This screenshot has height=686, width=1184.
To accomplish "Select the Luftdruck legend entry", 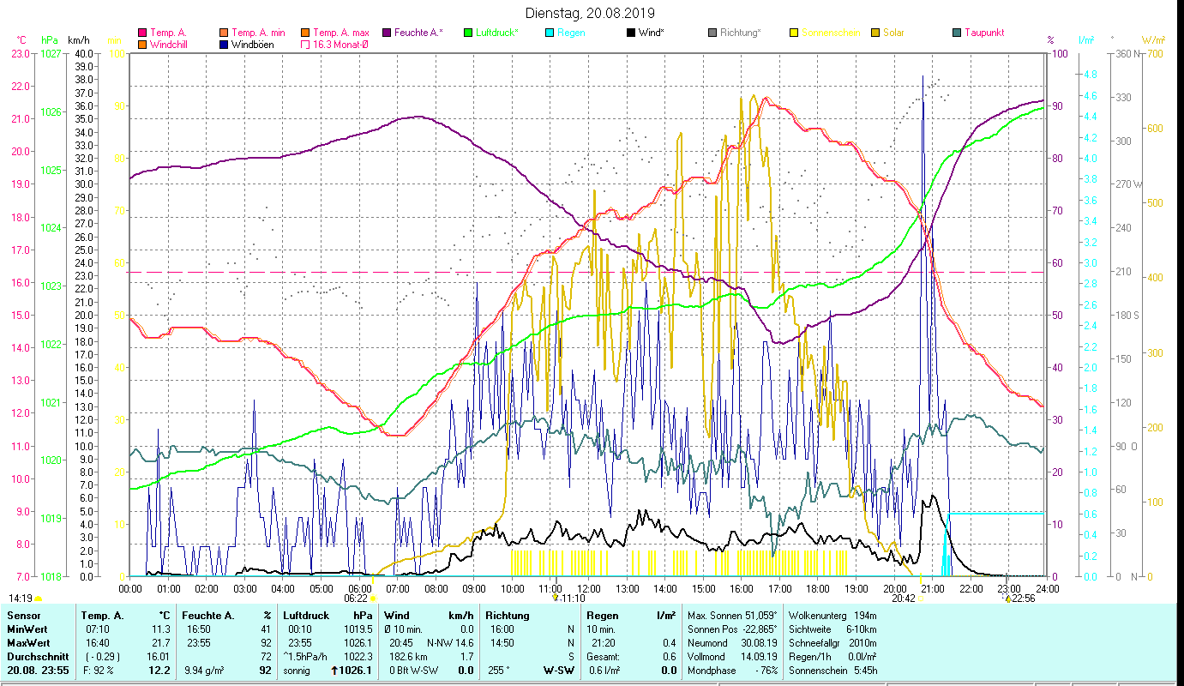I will tap(496, 33).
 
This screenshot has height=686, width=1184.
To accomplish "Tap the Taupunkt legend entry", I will tap(983, 33).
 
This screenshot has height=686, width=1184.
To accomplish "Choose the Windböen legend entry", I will tap(252, 45).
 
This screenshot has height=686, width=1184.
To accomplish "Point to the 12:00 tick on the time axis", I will tap(589, 589).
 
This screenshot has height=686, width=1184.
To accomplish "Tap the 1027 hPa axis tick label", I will tap(51, 54).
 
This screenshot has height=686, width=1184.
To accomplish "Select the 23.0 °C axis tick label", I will tap(21, 54).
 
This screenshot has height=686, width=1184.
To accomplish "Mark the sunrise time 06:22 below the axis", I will tap(356, 599).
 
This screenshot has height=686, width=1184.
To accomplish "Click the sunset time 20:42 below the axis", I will tap(903, 599).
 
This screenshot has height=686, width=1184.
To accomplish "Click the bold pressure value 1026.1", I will tap(357, 670).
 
